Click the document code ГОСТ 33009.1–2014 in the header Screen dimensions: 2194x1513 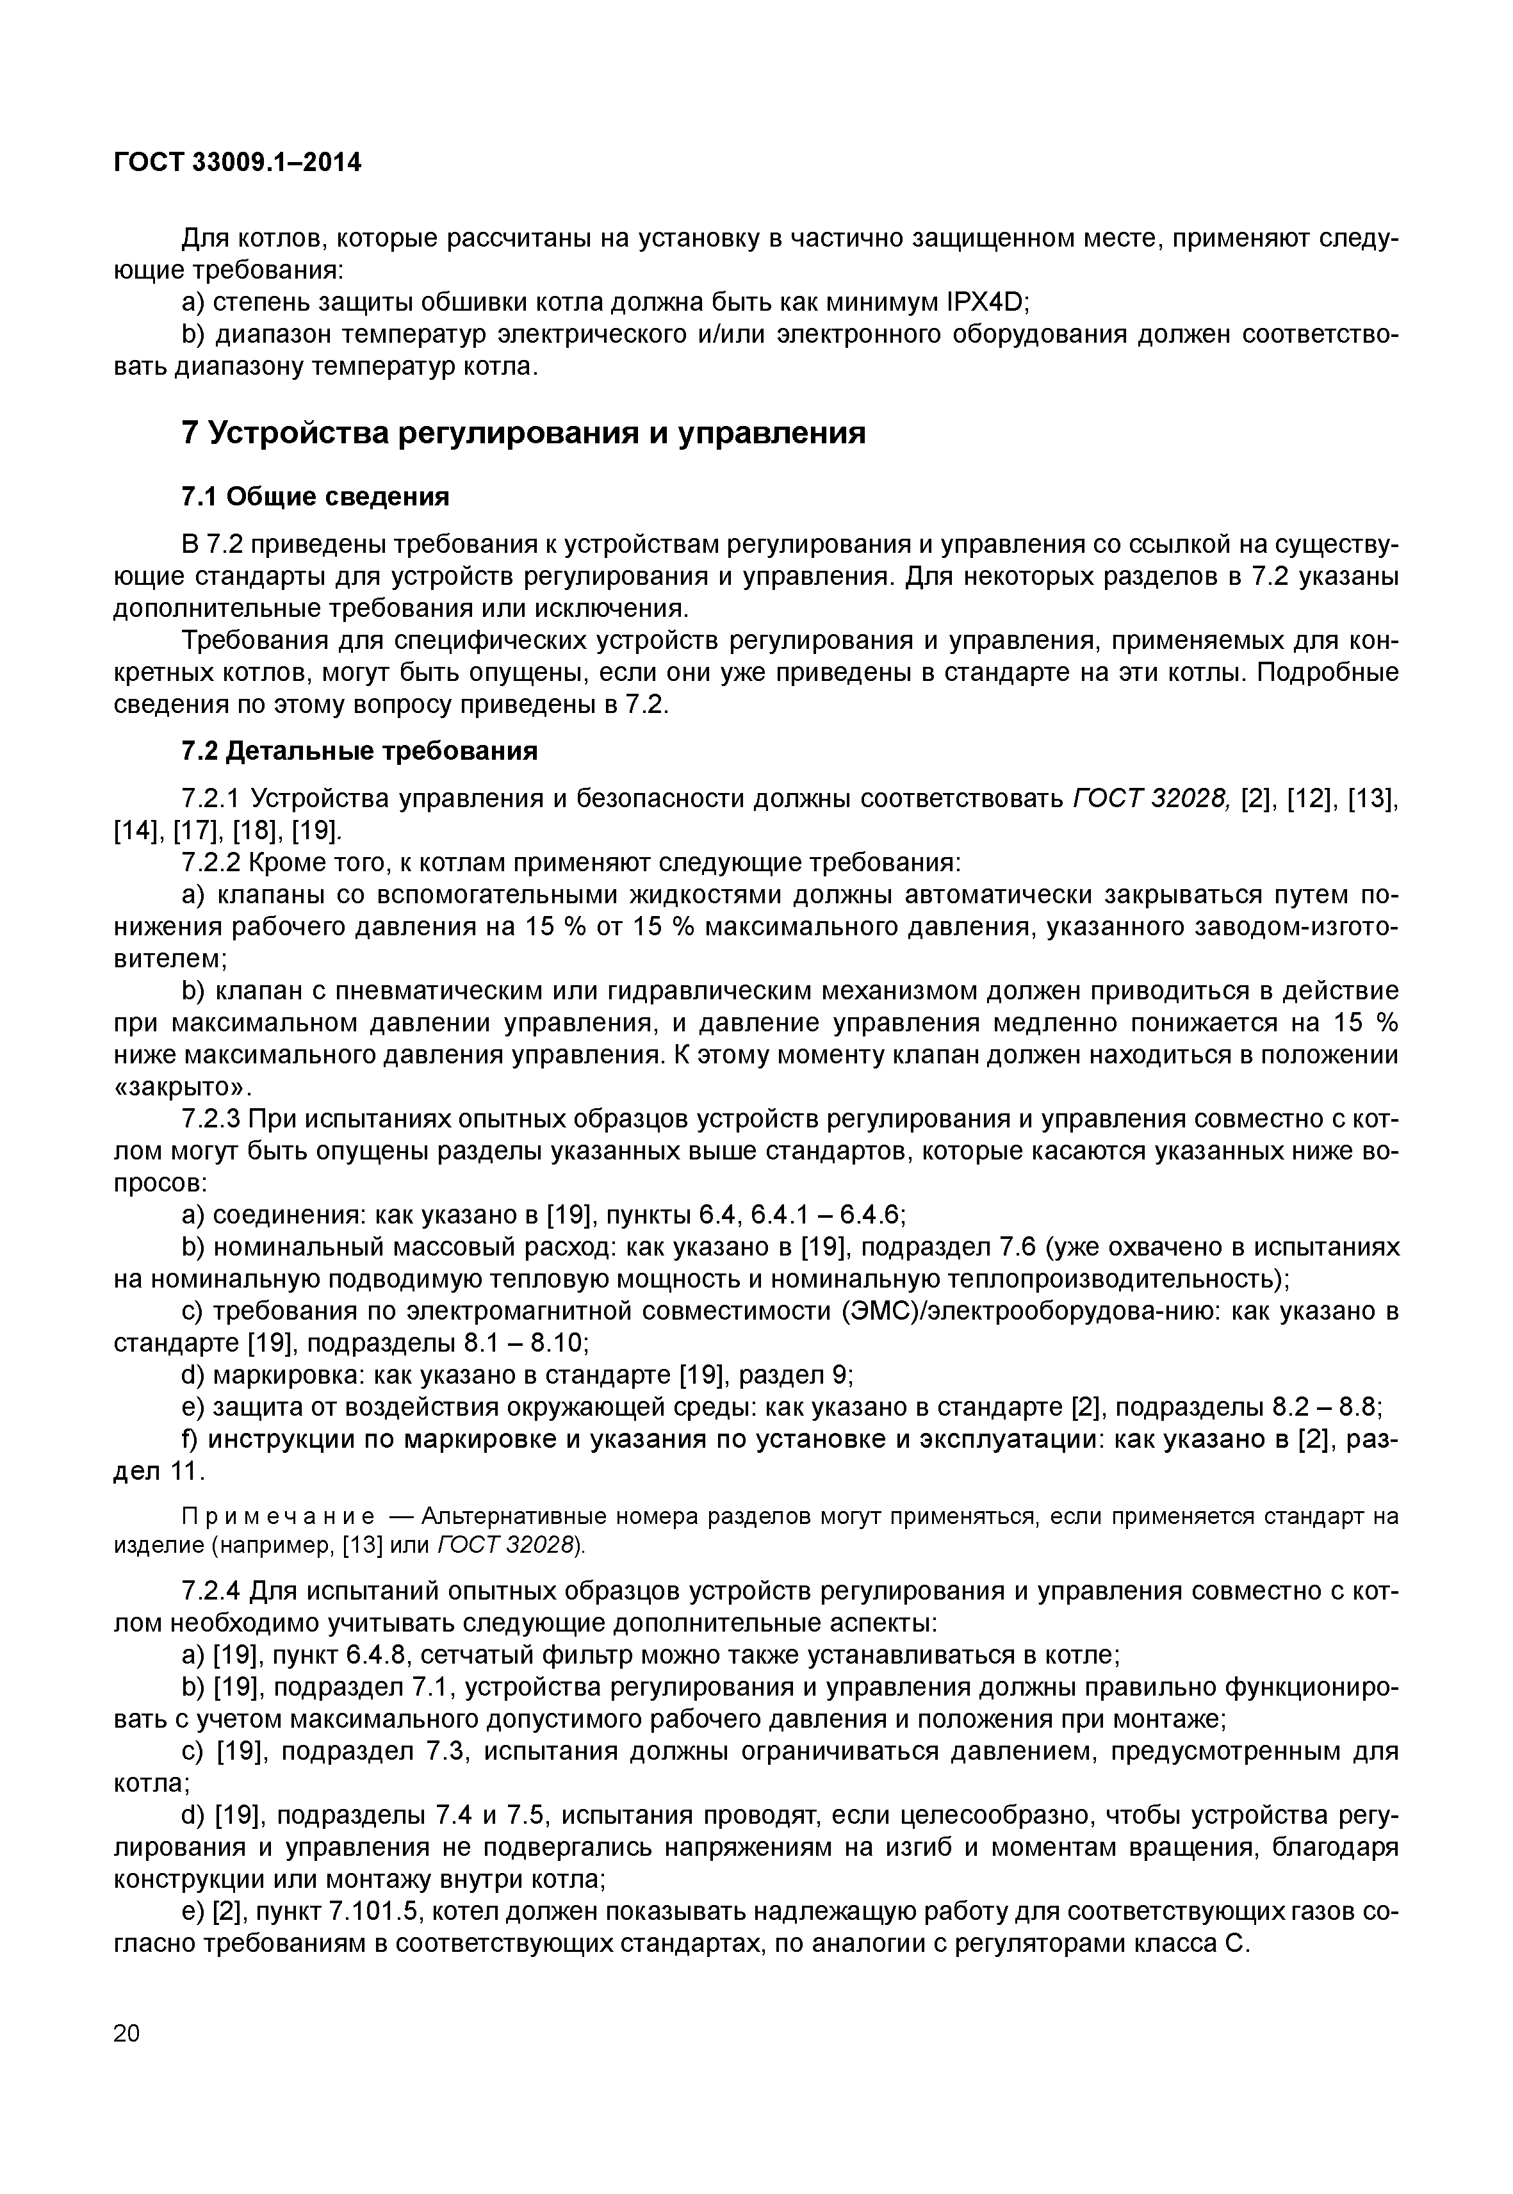(237, 163)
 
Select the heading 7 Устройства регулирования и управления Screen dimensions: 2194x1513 (523, 432)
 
